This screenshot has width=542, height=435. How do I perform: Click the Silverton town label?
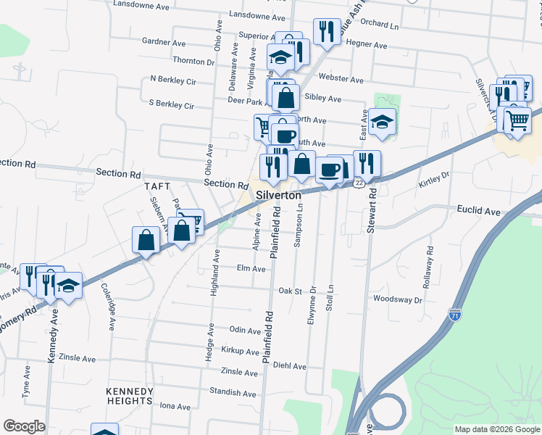pyautogui.click(x=278, y=196)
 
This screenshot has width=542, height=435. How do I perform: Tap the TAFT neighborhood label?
pyautogui.click(x=157, y=186)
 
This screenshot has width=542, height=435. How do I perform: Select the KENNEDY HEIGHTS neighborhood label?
pyautogui.click(x=130, y=395)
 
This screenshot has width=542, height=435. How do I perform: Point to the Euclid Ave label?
pyautogui.click(x=479, y=212)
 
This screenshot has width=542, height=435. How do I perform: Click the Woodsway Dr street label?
pyautogui.click(x=397, y=299)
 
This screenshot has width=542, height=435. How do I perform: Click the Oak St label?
pyautogui.click(x=289, y=291)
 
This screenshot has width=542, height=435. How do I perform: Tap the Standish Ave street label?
pyautogui.click(x=232, y=394)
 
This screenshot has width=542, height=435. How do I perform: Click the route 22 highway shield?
pyautogui.click(x=359, y=183)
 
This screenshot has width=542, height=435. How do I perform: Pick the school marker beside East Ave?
pyautogui.click(x=382, y=122)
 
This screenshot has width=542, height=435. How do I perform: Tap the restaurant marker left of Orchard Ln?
pyautogui.click(x=327, y=31)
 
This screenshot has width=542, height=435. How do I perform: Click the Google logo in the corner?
pyautogui.click(x=24, y=426)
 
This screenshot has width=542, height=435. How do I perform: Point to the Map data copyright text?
pyautogui.click(x=497, y=429)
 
